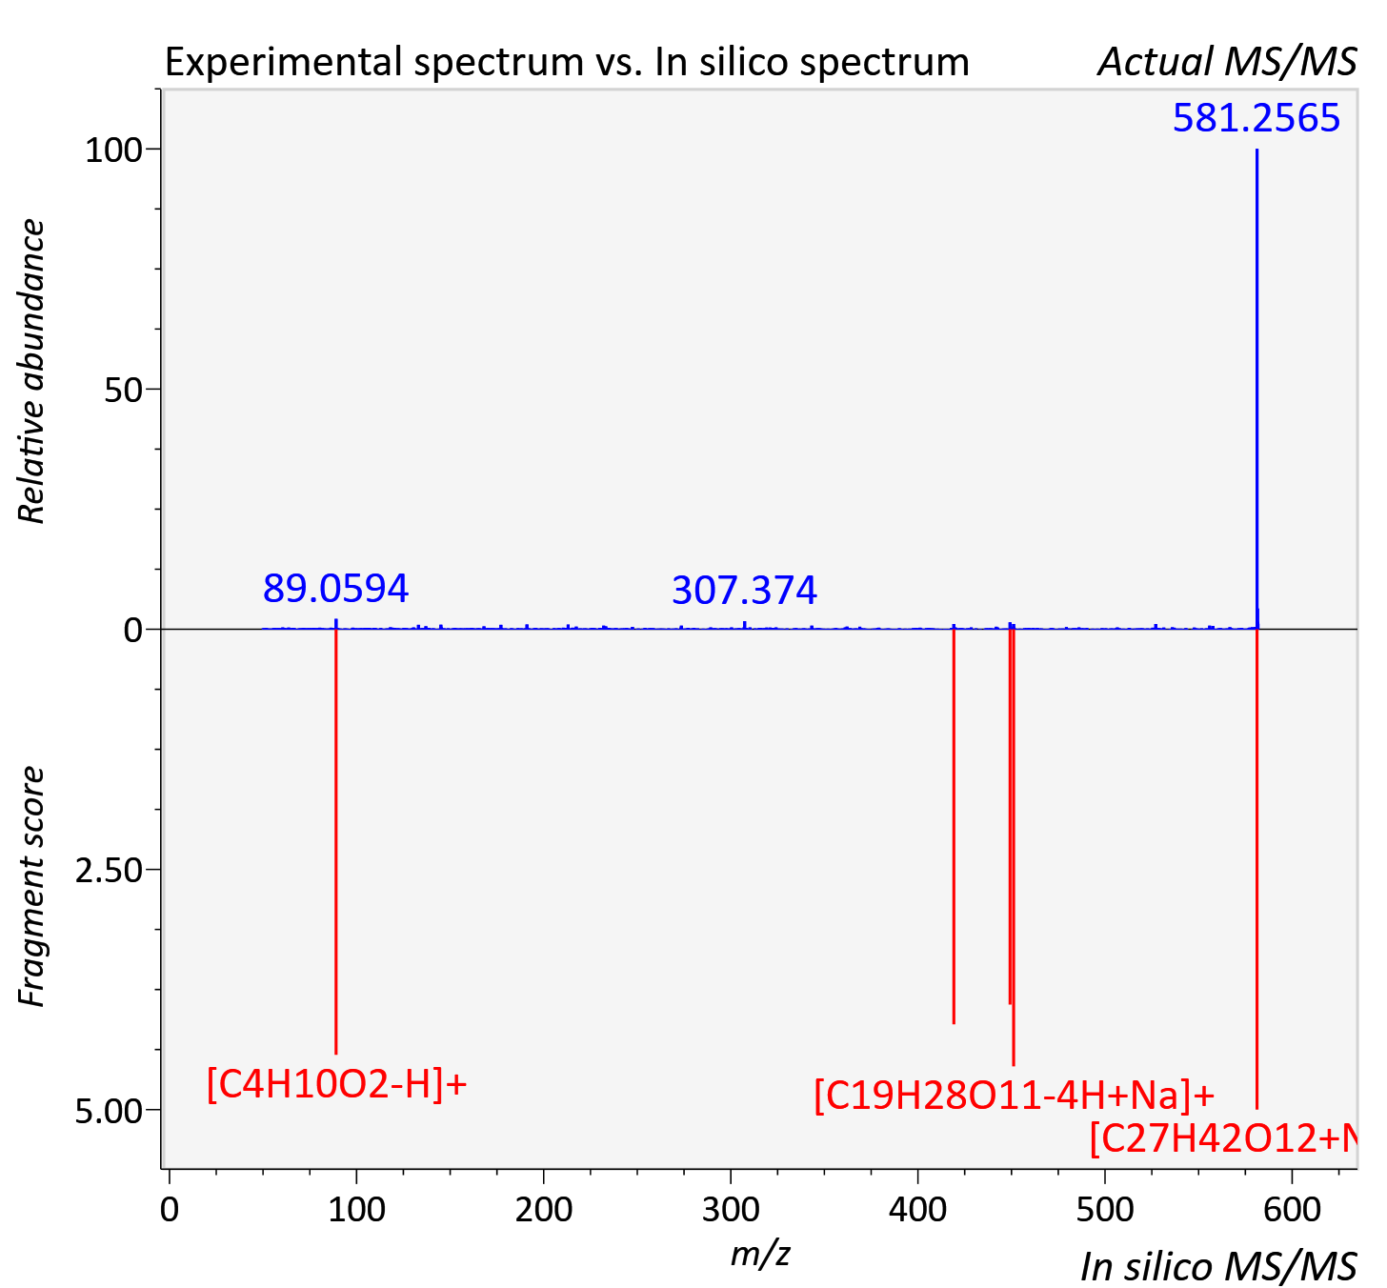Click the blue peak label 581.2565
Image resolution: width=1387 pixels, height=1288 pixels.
[1256, 117]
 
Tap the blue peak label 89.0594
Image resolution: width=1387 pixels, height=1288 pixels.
[335, 588]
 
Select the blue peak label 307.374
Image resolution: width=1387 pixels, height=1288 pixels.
[744, 591]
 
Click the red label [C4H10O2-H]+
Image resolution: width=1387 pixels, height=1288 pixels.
[336, 1084]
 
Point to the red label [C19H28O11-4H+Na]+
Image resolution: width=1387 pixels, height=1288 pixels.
[1015, 1095]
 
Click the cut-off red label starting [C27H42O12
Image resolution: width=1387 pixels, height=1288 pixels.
[1223, 1137]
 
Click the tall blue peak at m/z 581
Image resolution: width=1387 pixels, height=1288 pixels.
[1256, 389]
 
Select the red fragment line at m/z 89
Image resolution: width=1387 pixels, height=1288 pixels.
[336, 841]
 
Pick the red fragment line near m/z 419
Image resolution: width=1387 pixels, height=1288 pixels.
[954, 826]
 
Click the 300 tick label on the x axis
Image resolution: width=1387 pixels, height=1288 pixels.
[731, 1209]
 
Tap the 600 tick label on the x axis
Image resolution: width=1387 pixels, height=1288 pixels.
[1292, 1209]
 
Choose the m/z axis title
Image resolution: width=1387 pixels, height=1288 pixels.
[760, 1253]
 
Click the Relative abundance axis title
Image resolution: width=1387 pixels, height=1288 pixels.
[31, 371]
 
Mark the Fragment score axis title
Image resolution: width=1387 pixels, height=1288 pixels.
[31, 887]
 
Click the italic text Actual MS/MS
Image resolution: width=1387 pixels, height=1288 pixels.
[1227, 62]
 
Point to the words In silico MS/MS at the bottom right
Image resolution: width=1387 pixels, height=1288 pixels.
[1218, 1267]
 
